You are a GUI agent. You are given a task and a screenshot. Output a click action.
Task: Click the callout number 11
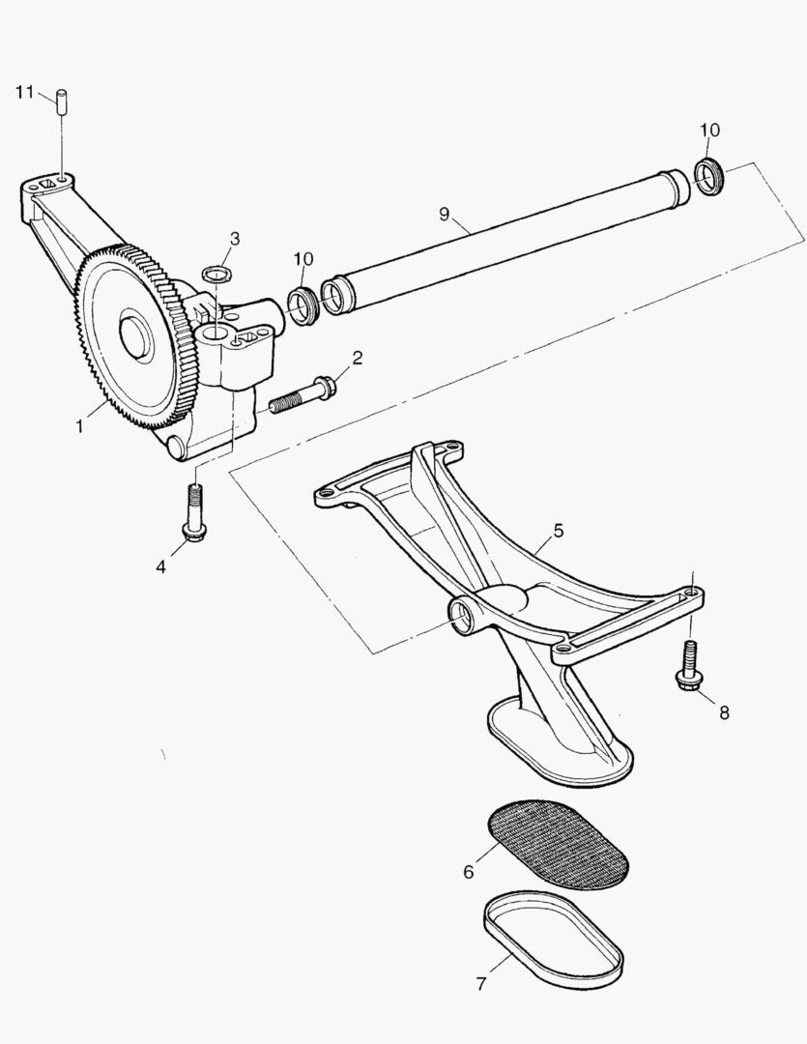point(24,92)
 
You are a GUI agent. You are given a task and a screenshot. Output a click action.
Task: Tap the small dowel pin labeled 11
point(62,102)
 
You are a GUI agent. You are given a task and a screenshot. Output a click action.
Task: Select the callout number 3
point(235,239)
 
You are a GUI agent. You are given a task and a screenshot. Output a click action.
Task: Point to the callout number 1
point(79,426)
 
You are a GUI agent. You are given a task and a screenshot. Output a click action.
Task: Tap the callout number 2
point(358,359)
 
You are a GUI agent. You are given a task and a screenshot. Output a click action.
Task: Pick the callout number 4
point(160,566)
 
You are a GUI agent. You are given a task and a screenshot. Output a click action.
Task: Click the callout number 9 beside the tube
point(445,214)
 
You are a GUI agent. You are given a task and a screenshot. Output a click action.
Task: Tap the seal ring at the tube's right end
point(709,177)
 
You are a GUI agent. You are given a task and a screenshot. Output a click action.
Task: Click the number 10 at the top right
point(709,130)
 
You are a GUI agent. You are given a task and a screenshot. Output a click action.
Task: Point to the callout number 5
point(558,531)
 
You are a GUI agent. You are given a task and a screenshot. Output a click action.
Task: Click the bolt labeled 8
point(688,667)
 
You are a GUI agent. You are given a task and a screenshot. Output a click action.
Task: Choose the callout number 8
point(724,713)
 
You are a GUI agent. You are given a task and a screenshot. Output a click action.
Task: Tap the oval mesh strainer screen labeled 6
point(559,845)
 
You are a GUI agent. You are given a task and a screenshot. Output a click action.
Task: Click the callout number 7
point(481,983)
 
